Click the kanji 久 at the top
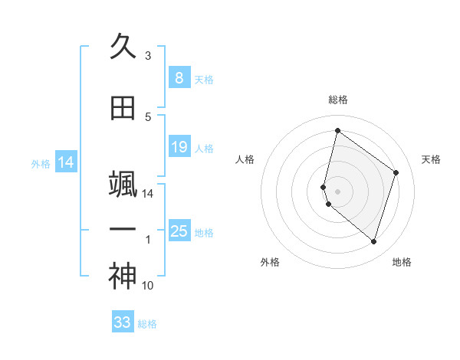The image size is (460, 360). tap(123, 47)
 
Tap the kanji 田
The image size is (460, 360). tap(123, 109)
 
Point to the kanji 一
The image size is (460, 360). tap(123, 229)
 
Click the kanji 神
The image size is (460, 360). tap(123, 277)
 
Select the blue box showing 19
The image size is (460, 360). tap(179, 147)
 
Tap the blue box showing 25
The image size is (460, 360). tap(179, 231)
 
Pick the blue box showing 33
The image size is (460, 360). tap(123, 322)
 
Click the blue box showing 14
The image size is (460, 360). tap(66, 162)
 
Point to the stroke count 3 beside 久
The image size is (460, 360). tap(148, 56)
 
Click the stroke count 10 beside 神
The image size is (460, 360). tap(148, 286)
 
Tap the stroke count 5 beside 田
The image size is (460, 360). tap(148, 117)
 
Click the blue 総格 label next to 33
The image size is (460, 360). tap(147, 324)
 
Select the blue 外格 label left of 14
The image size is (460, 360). tap(41, 163)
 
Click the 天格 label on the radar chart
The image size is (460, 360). tap(431, 159)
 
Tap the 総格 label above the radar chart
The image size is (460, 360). tap(338, 100)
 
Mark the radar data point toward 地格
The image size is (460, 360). tap(374, 242)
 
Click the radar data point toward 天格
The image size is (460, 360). tap(396, 172)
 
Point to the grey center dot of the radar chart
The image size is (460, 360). tap(338, 191)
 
